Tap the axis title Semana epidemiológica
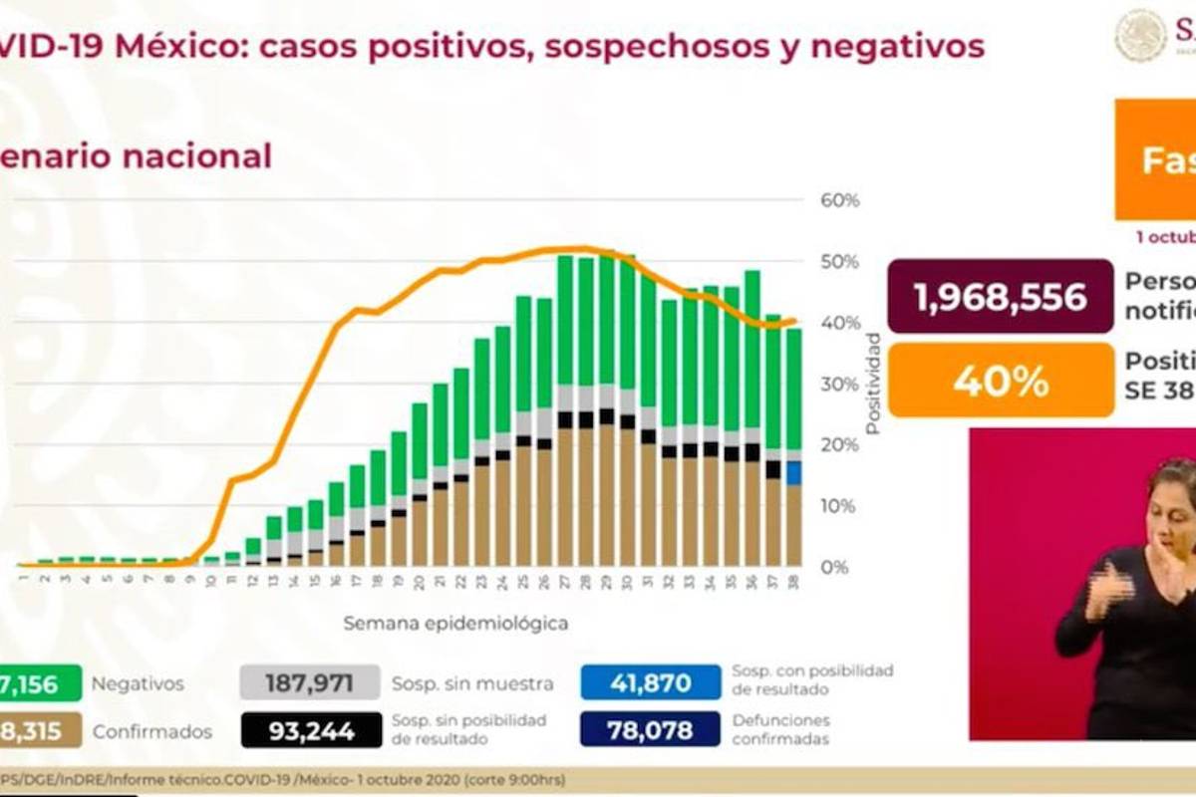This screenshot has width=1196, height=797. click(455, 624)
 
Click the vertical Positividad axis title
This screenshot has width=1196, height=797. click(873, 384)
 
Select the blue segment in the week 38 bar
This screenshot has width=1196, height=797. click(793, 472)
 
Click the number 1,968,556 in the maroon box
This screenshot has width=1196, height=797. click(1000, 297)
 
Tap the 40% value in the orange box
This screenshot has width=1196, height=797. click(1000, 381)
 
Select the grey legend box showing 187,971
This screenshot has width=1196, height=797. click(310, 683)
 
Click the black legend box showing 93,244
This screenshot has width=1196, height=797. click(310, 730)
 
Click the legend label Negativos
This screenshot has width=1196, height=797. click(138, 684)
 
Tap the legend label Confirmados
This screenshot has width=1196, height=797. click(151, 731)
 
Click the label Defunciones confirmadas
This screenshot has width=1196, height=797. click(780, 730)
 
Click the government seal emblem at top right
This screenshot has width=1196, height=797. click(1140, 36)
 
